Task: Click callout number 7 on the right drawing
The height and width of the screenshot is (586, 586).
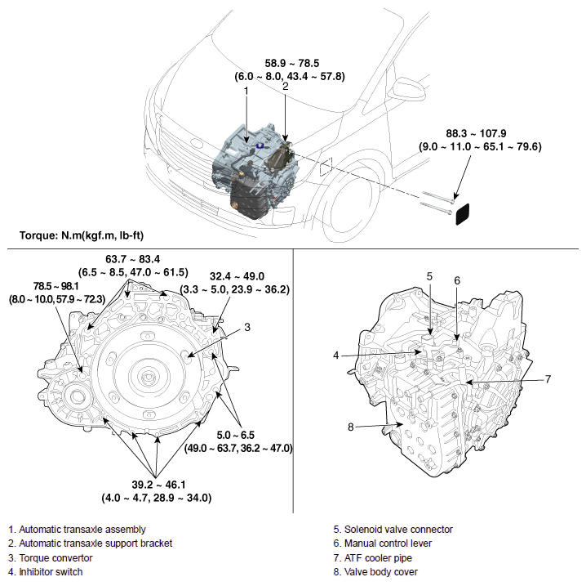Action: click(548, 378)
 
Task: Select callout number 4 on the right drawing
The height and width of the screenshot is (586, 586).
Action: click(335, 356)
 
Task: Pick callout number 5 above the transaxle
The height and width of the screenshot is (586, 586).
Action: click(429, 275)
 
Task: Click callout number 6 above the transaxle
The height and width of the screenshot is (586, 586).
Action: click(457, 280)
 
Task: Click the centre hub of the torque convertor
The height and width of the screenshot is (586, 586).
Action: click(149, 378)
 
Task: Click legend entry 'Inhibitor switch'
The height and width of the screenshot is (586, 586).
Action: click(47, 571)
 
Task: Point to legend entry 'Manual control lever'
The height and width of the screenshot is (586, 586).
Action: click(376, 543)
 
